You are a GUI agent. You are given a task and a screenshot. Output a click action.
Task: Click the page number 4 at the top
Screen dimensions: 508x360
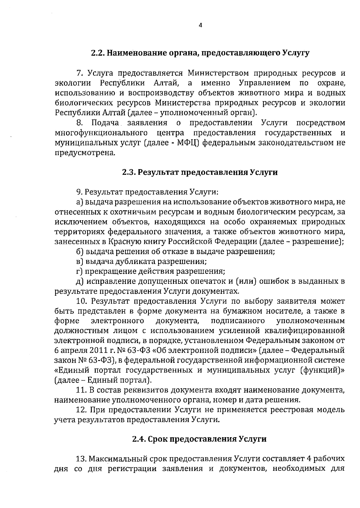point(200,26)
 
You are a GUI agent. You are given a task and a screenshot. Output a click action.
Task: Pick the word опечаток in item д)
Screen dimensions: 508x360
point(211,281)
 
